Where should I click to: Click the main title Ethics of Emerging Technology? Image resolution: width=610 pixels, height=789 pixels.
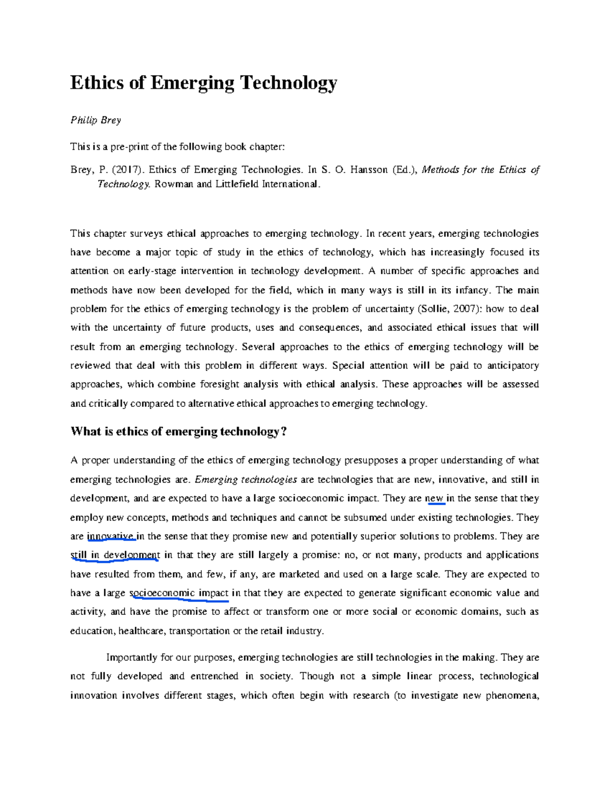(203, 82)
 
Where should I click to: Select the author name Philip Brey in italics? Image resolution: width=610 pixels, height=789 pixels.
(96, 120)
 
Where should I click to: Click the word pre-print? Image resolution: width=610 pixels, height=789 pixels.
(129, 147)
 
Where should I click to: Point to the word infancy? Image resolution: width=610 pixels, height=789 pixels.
(473, 290)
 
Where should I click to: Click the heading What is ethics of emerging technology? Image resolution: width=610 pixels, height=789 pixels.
(178, 432)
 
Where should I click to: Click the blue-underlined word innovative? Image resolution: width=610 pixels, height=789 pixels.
(111, 536)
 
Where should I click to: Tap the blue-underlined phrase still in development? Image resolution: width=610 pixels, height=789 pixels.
(115, 555)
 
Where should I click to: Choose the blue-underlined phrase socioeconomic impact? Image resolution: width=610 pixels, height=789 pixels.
(179, 593)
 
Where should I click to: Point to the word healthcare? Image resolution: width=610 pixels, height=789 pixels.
(141, 631)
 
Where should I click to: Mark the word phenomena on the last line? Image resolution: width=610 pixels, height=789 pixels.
(512, 696)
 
